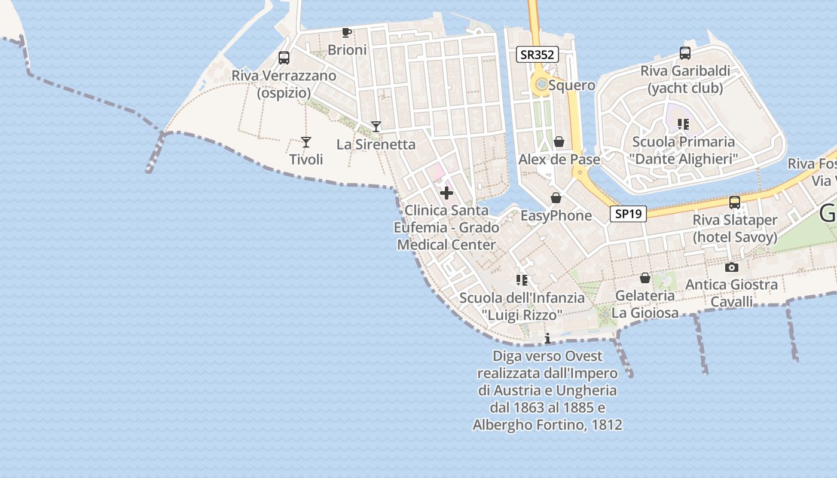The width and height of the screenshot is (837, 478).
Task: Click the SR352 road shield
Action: click(537, 55)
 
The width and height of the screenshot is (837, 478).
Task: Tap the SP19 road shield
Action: click(628, 214)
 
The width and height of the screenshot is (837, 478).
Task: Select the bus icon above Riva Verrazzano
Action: click(284, 58)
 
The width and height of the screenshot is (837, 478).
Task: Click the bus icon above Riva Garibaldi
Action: click(685, 53)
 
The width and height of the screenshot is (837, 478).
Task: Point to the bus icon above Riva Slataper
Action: click(735, 203)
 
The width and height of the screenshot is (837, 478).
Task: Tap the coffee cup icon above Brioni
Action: click(346, 32)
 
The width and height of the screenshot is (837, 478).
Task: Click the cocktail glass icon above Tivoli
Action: click(306, 142)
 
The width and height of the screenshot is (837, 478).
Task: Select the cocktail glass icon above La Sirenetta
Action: click(376, 126)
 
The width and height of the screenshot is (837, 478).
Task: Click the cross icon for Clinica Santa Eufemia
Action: click(447, 193)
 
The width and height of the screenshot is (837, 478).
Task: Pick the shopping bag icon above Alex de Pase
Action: click(559, 142)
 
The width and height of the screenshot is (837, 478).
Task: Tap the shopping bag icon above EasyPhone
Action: click(556, 198)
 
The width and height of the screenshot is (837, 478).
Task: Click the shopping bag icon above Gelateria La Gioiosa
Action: click(645, 278)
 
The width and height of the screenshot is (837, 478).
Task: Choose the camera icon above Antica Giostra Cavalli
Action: click(731, 267)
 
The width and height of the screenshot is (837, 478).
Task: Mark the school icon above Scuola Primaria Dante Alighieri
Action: click(683, 124)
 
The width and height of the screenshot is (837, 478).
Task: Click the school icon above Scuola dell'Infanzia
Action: click(522, 280)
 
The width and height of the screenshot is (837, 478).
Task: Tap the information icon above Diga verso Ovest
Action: click(547, 339)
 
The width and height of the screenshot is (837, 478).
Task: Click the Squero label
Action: click(572, 85)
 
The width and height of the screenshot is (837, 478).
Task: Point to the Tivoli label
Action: click(306, 160)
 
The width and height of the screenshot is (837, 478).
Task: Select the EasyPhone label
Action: click(556, 216)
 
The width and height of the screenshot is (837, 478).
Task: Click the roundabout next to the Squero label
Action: click(542, 85)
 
